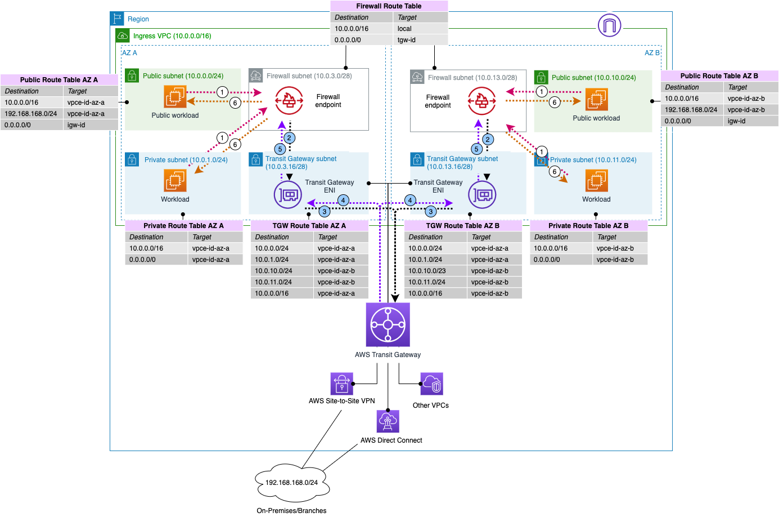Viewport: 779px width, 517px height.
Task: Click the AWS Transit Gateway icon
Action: coord(388,325)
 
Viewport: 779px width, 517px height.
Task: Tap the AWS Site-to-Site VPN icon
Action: coord(341,384)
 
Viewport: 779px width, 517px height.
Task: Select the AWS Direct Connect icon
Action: coord(388,421)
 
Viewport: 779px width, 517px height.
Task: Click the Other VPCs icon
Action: coord(431,384)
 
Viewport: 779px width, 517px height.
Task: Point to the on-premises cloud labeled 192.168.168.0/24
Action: coord(291,483)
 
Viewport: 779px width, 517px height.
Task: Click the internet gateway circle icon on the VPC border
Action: coord(609,25)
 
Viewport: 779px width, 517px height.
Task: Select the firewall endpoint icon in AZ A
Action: coord(289,101)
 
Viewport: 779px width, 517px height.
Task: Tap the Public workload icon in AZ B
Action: coord(596,100)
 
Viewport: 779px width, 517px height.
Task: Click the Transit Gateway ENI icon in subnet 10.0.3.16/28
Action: coord(288,195)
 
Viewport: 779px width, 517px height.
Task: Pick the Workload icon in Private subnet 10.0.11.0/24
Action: coord(596,181)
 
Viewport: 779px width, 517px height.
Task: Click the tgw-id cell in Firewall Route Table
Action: coord(407,40)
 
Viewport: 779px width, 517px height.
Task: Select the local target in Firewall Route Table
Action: coord(404,29)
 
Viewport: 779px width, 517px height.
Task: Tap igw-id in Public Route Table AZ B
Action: coord(736,121)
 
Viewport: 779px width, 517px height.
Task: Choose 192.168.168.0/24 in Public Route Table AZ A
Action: coord(31,114)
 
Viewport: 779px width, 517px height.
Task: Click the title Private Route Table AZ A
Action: coord(183,226)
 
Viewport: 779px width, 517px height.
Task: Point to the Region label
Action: coord(138,19)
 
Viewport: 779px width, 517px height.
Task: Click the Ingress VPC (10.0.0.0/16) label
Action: coord(172,36)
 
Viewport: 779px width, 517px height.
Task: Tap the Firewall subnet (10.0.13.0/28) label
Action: coord(472,78)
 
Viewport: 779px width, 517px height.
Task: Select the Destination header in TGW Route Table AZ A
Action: coord(272,237)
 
